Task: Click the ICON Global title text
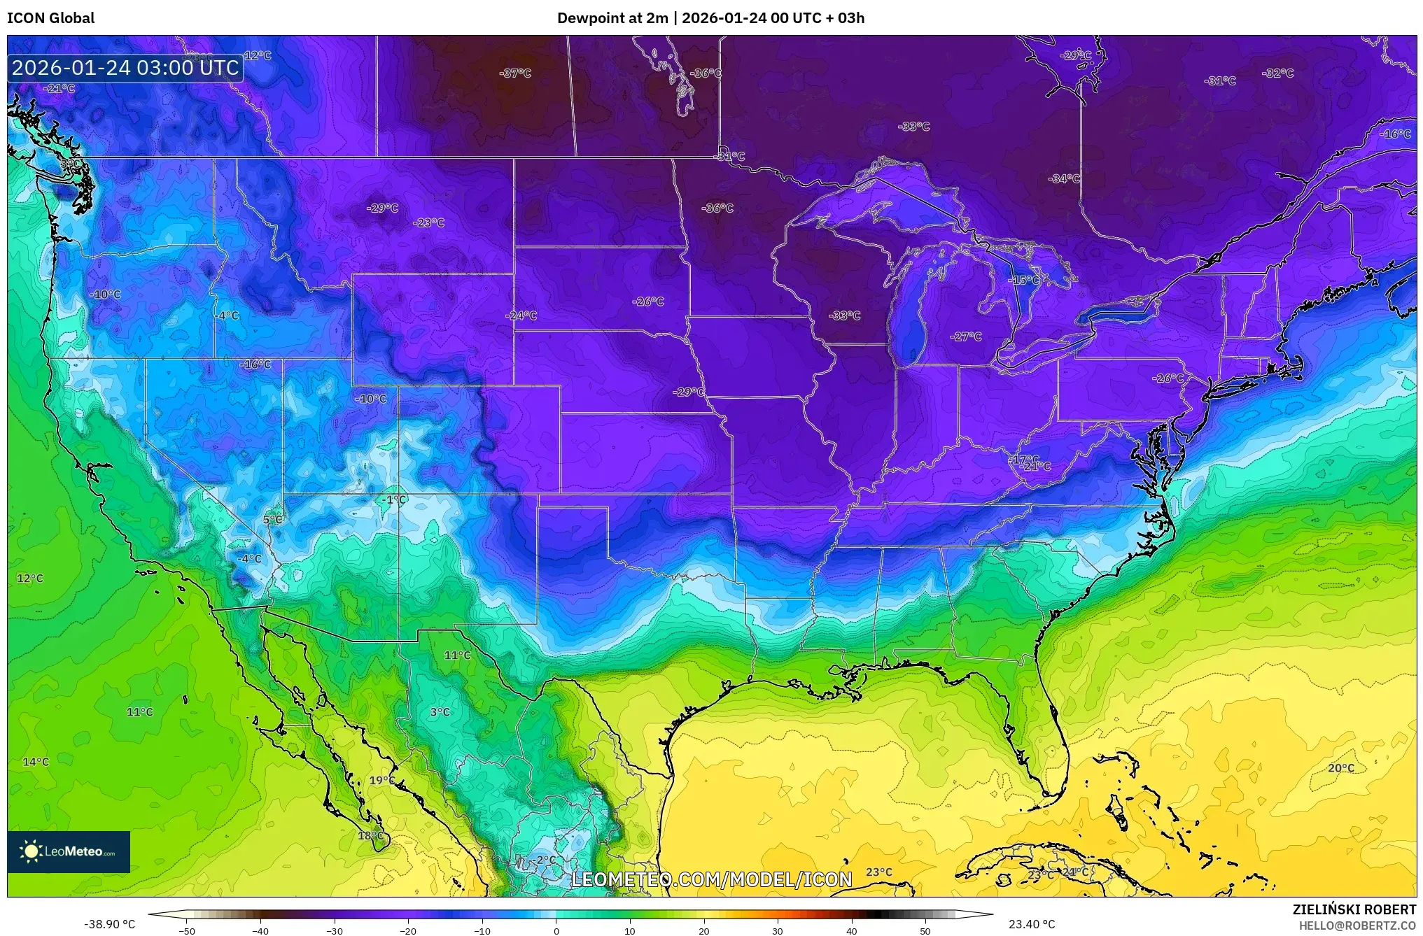point(50,18)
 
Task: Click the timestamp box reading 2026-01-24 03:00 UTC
point(125,68)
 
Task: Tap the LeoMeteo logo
point(69,851)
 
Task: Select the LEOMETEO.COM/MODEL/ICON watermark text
point(711,879)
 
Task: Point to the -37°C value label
point(515,73)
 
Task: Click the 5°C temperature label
point(273,520)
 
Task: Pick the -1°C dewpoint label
point(395,499)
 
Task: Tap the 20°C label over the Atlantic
point(1340,768)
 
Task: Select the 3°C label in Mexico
point(440,712)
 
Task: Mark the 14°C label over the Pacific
point(36,762)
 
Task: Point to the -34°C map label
point(1063,179)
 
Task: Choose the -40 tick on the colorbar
point(260,930)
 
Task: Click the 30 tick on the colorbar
point(778,930)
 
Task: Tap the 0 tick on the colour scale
point(556,930)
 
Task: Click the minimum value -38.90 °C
point(109,925)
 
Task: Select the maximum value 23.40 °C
point(1031,925)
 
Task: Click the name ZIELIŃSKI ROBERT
point(1354,909)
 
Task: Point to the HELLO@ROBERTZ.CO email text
point(1357,926)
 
